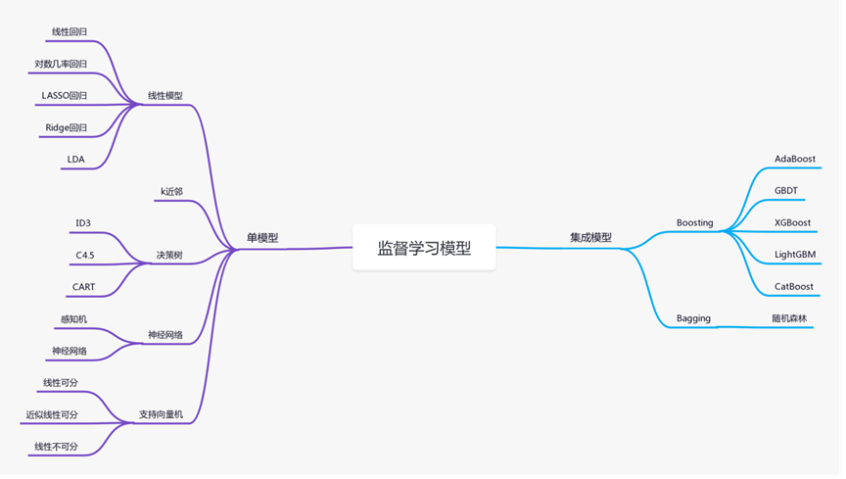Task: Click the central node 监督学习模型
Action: pyautogui.click(x=424, y=248)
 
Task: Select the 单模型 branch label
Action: pyautogui.click(x=262, y=237)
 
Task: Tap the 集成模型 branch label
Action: pyautogui.click(x=590, y=237)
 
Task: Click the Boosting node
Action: pyautogui.click(x=694, y=222)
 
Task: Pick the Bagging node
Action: pyautogui.click(x=692, y=318)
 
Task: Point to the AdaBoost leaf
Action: pyautogui.click(x=794, y=159)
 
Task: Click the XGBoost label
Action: pyautogui.click(x=792, y=222)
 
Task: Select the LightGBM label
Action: pyautogui.click(x=794, y=255)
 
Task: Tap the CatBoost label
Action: pyautogui.click(x=793, y=287)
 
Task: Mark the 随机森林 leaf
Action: pyautogui.click(x=788, y=318)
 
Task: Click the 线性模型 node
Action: pyautogui.click(x=164, y=95)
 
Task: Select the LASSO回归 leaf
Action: pyautogui.click(x=64, y=95)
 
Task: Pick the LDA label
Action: pyautogui.click(x=75, y=159)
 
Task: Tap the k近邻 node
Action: pyautogui.click(x=171, y=191)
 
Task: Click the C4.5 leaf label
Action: pyautogui.click(x=85, y=255)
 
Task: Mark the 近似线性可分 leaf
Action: pyautogui.click(x=52, y=414)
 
